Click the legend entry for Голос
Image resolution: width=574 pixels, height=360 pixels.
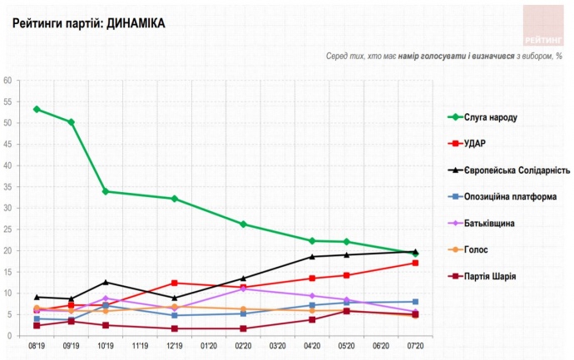pyautogui.click(x=476, y=249)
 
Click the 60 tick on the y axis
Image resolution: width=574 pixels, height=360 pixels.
pyautogui.click(x=7, y=81)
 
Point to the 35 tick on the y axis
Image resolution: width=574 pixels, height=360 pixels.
pyautogui.click(x=7, y=187)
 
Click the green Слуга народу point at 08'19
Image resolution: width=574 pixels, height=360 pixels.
pyautogui.click(x=37, y=109)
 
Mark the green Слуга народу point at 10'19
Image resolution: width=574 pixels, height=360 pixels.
pyautogui.click(x=106, y=191)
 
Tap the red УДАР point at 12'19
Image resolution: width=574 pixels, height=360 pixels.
pyautogui.click(x=175, y=283)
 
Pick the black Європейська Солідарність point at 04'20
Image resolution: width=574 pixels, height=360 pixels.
pyautogui.click(x=312, y=257)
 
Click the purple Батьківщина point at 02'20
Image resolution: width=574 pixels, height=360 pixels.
pyautogui.click(x=243, y=288)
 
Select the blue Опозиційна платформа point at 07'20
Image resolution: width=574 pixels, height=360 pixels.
pyautogui.click(x=415, y=302)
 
